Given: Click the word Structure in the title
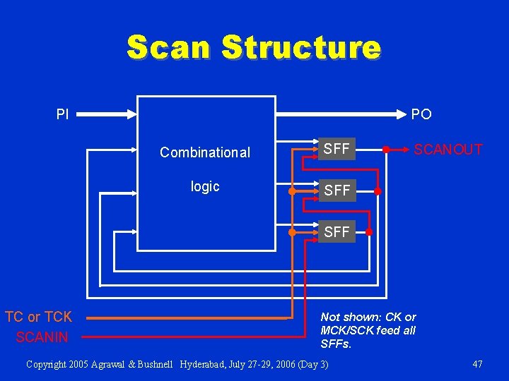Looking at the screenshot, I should [x=300, y=47].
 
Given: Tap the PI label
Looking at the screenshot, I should [x=63, y=114].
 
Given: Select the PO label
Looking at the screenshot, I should [x=421, y=114].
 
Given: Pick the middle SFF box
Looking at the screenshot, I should [x=337, y=190].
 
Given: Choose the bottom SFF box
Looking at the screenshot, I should [x=337, y=231].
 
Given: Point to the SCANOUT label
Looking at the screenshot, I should [x=448, y=150].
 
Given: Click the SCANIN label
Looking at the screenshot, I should [x=42, y=337].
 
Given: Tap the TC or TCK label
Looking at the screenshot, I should [x=38, y=317].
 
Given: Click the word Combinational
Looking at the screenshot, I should [x=205, y=152].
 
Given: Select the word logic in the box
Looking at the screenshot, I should [x=205, y=186].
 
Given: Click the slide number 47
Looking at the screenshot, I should [x=477, y=364].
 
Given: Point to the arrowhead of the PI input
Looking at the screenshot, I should [x=132, y=113].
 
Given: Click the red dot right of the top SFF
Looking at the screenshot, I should [x=386, y=150].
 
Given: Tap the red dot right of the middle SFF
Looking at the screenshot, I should [x=378, y=190].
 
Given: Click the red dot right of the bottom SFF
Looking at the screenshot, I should [x=369, y=231].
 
